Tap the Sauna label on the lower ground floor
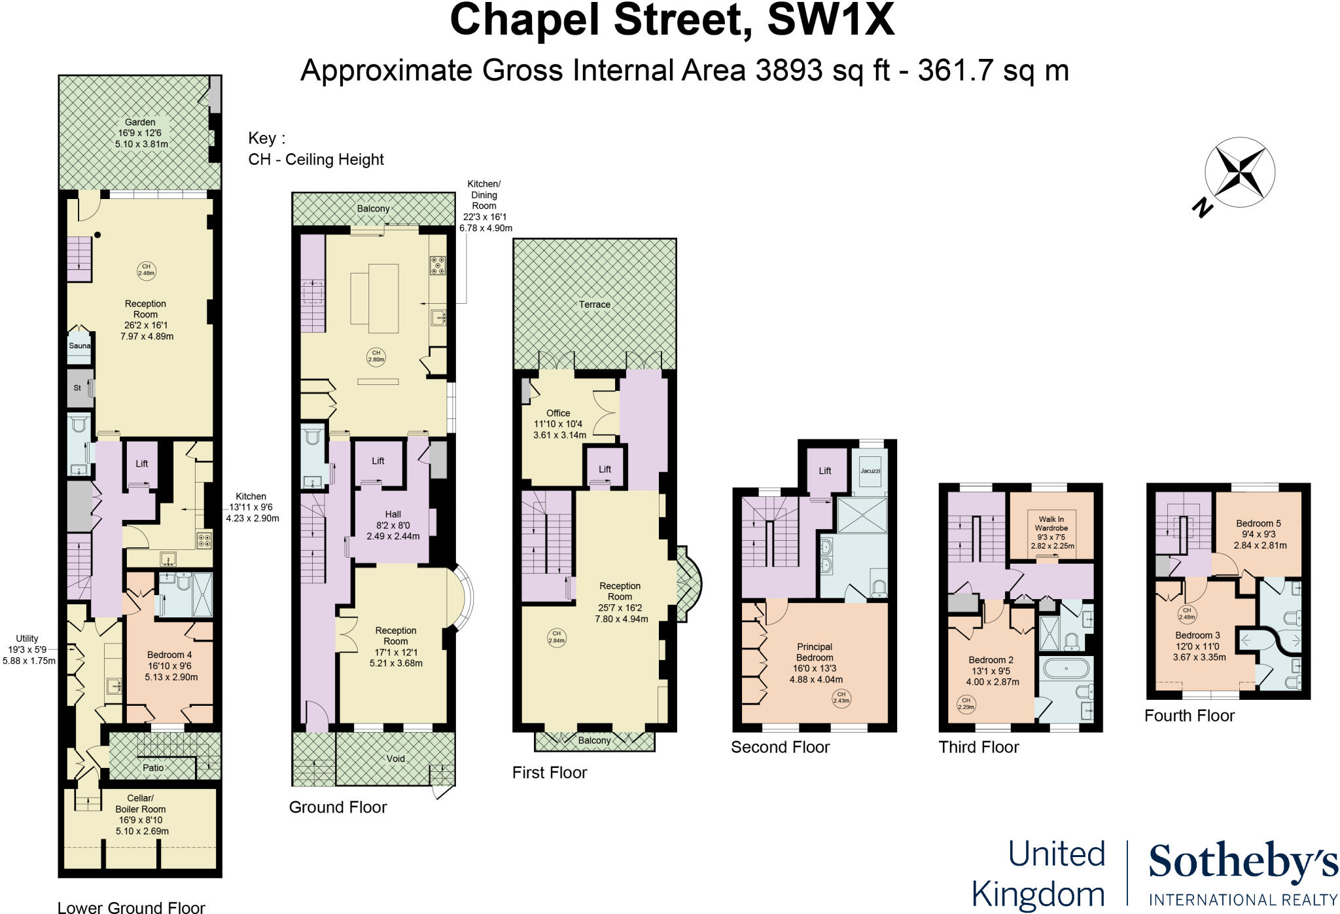point(79,346)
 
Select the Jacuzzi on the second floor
point(870,471)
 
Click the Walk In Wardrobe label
point(1051,524)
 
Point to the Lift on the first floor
point(605,469)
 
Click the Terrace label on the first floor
point(594,304)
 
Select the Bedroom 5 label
point(1258,523)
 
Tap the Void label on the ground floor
point(395,759)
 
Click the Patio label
point(153,768)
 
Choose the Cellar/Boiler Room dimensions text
point(141,826)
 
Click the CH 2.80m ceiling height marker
point(376,356)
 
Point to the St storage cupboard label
point(77,388)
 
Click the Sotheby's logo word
point(1243,862)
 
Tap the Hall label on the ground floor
point(393,514)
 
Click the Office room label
point(558,413)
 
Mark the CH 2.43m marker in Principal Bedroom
point(841,697)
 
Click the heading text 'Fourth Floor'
point(1189,716)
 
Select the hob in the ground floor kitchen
point(438,265)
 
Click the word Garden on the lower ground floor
point(140,122)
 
